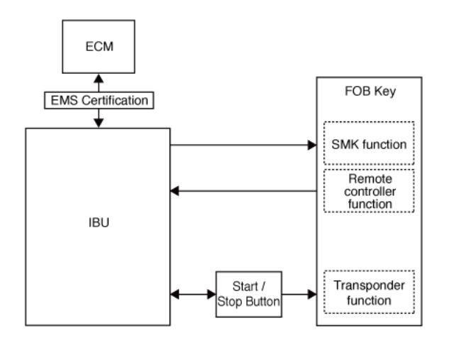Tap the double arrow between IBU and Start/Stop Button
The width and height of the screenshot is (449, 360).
pyautogui.click(x=194, y=293)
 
